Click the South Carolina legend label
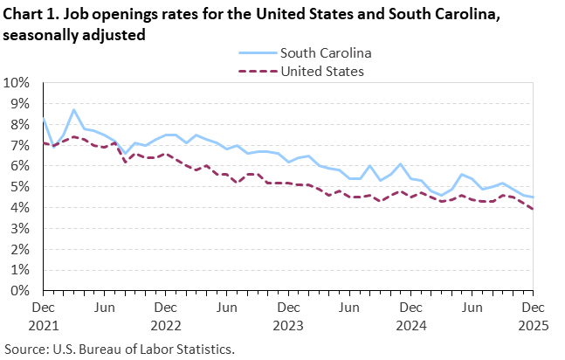[321, 53]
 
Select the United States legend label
[320, 71]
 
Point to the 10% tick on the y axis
[17, 83]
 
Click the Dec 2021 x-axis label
[43, 315]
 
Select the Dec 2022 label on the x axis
[165, 315]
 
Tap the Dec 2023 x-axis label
[287, 315]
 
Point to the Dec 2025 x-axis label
[532, 315]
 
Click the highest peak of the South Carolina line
[74, 110]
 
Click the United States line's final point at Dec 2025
[532, 208]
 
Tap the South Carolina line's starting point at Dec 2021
[44, 119]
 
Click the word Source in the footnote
[25, 349]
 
